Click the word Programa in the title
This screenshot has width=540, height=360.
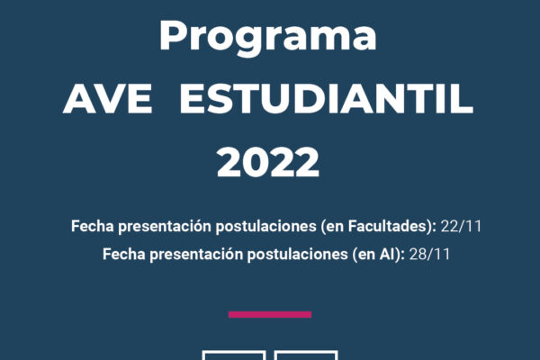[x=268, y=37]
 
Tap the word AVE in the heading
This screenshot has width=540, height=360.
[x=107, y=99]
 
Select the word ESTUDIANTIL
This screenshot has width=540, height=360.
[x=327, y=99]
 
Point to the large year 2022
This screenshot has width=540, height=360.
[x=268, y=162]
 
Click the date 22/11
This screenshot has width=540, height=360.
[x=461, y=226]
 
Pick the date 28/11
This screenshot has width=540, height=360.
[x=429, y=255]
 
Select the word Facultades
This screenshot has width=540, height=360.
[x=389, y=226]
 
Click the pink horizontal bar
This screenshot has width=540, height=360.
[x=270, y=314]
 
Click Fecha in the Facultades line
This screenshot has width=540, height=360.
[x=93, y=226]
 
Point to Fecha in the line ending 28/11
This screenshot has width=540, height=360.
[x=123, y=255]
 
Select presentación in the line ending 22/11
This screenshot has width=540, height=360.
[x=165, y=227]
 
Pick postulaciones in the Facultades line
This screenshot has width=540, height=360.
[x=265, y=227]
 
